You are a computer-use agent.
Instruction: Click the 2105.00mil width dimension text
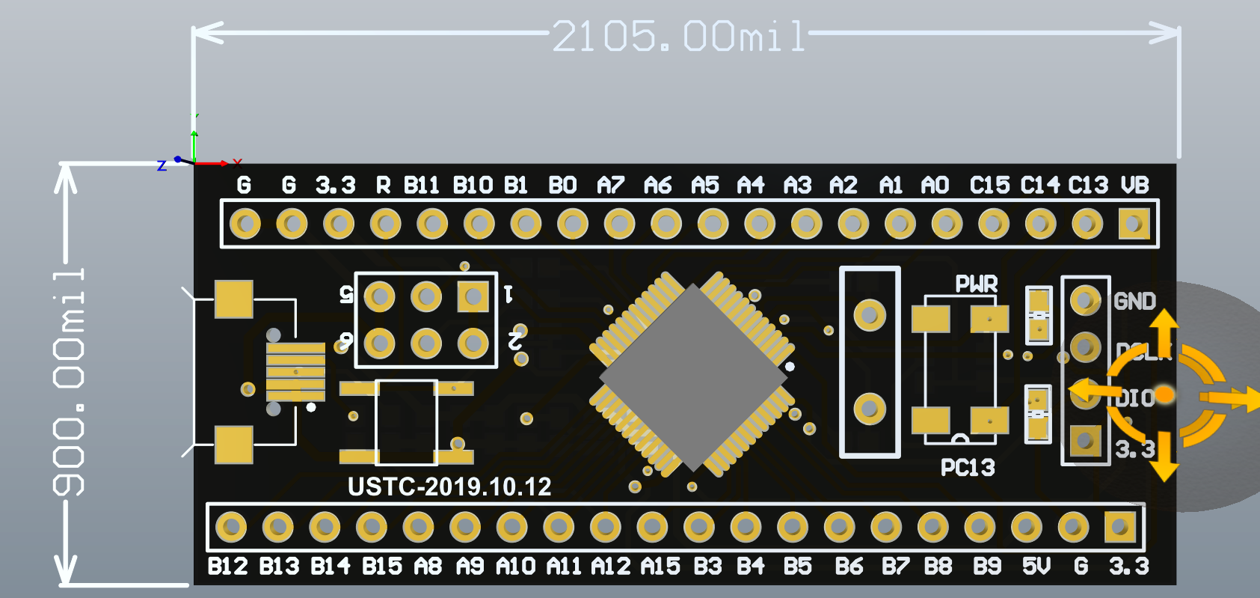(x=679, y=36)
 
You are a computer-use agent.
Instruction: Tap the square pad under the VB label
(x=1134, y=223)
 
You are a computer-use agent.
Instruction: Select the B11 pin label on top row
(x=421, y=185)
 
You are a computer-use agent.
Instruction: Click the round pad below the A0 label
(x=947, y=223)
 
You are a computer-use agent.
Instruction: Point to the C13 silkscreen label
(x=1088, y=185)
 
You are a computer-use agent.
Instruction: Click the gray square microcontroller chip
(x=693, y=377)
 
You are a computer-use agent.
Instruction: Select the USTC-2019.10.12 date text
(x=449, y=487)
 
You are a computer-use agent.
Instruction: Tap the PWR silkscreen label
(x=977, y=284)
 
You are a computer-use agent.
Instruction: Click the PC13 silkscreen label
(x=968, y=468)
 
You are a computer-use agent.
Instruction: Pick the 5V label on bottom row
(x=1036, y=567)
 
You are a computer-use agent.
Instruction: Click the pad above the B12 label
(x=231, y=527)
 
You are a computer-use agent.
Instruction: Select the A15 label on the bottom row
(x=660, y=567)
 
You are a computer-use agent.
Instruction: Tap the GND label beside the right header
(x=1134, y=302)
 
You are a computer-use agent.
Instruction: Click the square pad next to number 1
(x=473, y=296)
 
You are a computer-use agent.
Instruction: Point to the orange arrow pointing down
(x=1164, y=458)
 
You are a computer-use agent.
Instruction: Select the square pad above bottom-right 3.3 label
(x=1119, y=527)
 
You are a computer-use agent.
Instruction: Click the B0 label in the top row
(x=562, y=185)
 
